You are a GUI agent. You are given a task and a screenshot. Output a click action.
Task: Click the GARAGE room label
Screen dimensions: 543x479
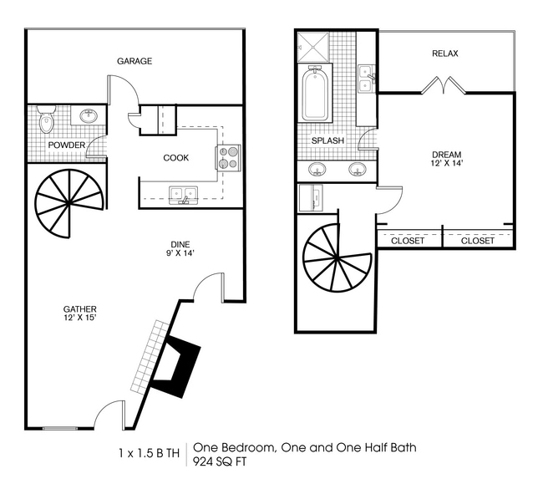134,61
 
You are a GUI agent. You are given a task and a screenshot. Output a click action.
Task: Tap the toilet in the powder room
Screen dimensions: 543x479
47,120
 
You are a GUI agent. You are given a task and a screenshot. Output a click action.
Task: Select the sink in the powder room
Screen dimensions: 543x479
89,115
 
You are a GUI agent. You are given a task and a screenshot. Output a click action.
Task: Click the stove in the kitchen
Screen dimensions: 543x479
228,157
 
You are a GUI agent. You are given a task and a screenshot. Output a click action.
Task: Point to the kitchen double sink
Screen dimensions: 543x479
183,195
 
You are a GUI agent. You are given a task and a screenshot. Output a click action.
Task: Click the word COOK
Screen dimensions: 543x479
176,158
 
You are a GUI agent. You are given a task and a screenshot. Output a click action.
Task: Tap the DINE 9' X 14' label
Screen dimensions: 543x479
180,249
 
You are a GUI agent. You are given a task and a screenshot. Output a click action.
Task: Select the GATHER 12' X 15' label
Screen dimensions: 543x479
80,313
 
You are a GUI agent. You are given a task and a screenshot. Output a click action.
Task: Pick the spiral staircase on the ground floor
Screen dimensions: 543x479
69,203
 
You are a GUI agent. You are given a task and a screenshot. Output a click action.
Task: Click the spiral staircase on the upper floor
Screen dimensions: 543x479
337,257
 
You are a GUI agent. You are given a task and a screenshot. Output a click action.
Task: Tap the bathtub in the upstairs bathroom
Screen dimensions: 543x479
315,93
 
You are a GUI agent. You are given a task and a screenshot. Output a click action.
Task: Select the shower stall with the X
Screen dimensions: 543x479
313,48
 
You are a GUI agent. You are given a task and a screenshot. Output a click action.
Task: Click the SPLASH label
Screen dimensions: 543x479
327,140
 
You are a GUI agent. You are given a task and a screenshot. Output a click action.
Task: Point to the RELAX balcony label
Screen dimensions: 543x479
445,54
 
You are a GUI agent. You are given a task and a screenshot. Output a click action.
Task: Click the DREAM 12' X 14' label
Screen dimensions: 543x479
447,159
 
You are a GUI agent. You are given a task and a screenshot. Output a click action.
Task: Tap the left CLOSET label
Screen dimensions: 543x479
408,241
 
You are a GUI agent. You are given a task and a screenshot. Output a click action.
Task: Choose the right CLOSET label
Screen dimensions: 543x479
478,241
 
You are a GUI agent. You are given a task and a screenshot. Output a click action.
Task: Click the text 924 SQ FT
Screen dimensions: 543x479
220,461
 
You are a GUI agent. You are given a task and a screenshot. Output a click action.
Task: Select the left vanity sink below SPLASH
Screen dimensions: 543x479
317,170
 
